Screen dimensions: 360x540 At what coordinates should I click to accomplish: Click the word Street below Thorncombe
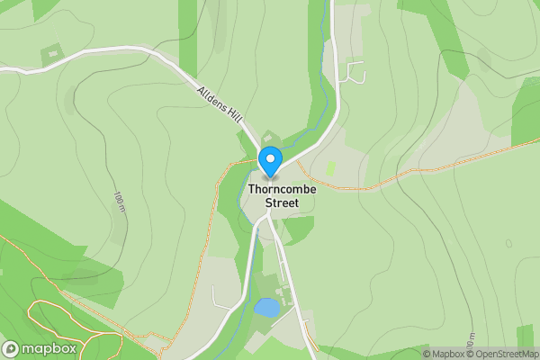coord(282,203)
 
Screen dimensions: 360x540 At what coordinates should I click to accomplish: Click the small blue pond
coord(266,308)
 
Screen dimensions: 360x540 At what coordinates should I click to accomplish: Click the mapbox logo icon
coord(12,349)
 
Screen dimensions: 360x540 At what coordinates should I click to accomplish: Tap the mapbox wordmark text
coord(49,349)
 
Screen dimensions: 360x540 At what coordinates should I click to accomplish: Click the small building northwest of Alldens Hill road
coord(51,53)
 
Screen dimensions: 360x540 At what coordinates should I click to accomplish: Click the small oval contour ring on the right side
coord(509,243)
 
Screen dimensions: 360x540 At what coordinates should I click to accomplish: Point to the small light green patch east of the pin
coord(331,168)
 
